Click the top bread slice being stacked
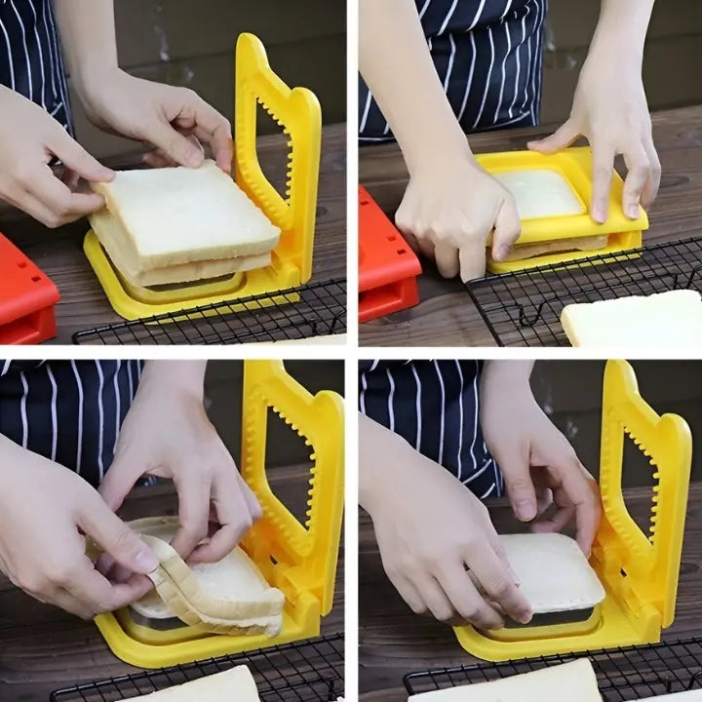point(185,210)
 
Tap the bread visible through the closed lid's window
point(541,192)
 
